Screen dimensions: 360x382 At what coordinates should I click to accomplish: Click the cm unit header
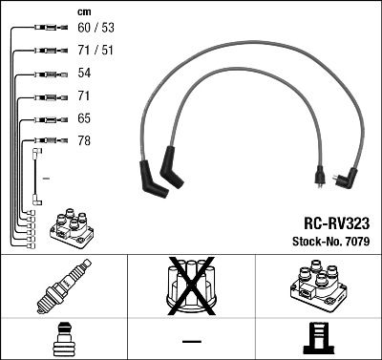click(x=83, y=11)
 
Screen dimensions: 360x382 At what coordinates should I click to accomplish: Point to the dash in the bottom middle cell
click(x=191, y=341)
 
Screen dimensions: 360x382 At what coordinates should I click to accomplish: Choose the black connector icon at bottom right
click(x=318, y=339)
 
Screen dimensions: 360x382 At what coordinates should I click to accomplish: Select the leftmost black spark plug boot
click(x=152, y=179)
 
